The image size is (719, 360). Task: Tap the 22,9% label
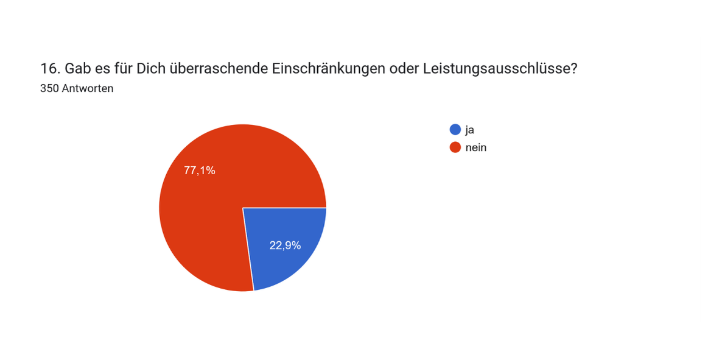(285, 245)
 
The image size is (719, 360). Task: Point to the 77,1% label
(199, 171)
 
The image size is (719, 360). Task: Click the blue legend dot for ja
(455, 129)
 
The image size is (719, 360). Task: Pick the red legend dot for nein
(455, 147)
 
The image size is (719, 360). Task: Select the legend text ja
(469, 129)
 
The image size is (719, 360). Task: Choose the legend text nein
(476, 147)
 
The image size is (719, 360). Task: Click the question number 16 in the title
(46, 69)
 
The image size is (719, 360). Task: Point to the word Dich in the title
(151, 69)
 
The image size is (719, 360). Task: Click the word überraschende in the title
(216, 69)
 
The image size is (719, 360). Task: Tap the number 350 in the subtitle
(49, 88)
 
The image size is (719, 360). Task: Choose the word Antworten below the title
(88, 88)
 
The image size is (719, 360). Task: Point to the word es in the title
(102, 69)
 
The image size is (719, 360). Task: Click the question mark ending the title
(573, 69)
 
